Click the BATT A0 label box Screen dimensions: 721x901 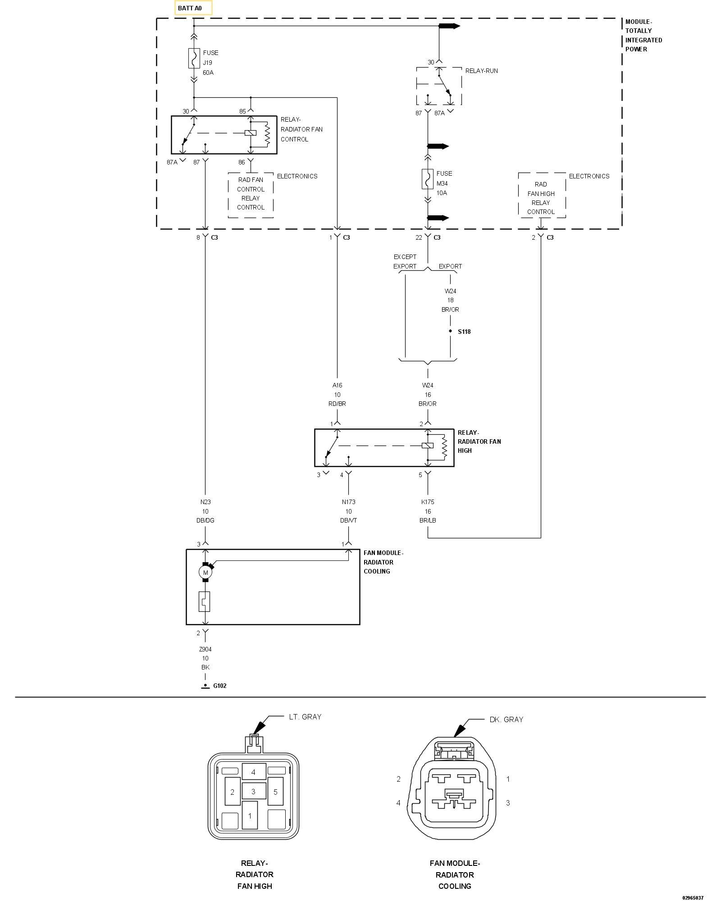pyautogui.click(x=193, y=8)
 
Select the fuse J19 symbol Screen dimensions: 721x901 pyautogui.click(x=194, y=58)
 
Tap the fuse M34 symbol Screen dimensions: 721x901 pyautogui.click(x=428, y=179)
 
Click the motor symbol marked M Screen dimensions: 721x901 pyautogui.click(x=205, y=573)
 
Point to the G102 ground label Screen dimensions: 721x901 pyautogui.click(x=219, y=686)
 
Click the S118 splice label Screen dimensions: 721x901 pyautogui.click(x=464, y=332)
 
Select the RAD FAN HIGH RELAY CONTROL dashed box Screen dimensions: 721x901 pyautogui.click(x=541, y=196)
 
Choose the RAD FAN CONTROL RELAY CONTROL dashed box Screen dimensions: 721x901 pyautogui.click(x=251, y=196)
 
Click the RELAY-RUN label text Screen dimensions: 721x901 pyautogui.click(x=481, y=71)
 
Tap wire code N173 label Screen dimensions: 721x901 pyautogui.click(x=348, y=502)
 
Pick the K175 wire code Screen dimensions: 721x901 pyautogui.click(x=428, y=502)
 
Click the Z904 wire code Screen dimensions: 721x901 pyautogui.click(x=205, y=649)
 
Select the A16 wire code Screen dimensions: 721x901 pyautogui.click(x=337, y=385)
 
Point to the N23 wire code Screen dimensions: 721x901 pyautogui.click(x=205, y=502)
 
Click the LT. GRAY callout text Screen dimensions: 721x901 pyautogui.click(x=305, y=717)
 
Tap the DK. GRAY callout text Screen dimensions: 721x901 pyautogui.click(x=507, y=719)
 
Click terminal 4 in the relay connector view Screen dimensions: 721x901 pyautogui.click(x=253, y=772)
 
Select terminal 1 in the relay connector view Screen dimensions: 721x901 pyautogui.click(x=250, y=816)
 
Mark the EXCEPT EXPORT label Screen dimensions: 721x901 pyautogui.click(x=405, y=261)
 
